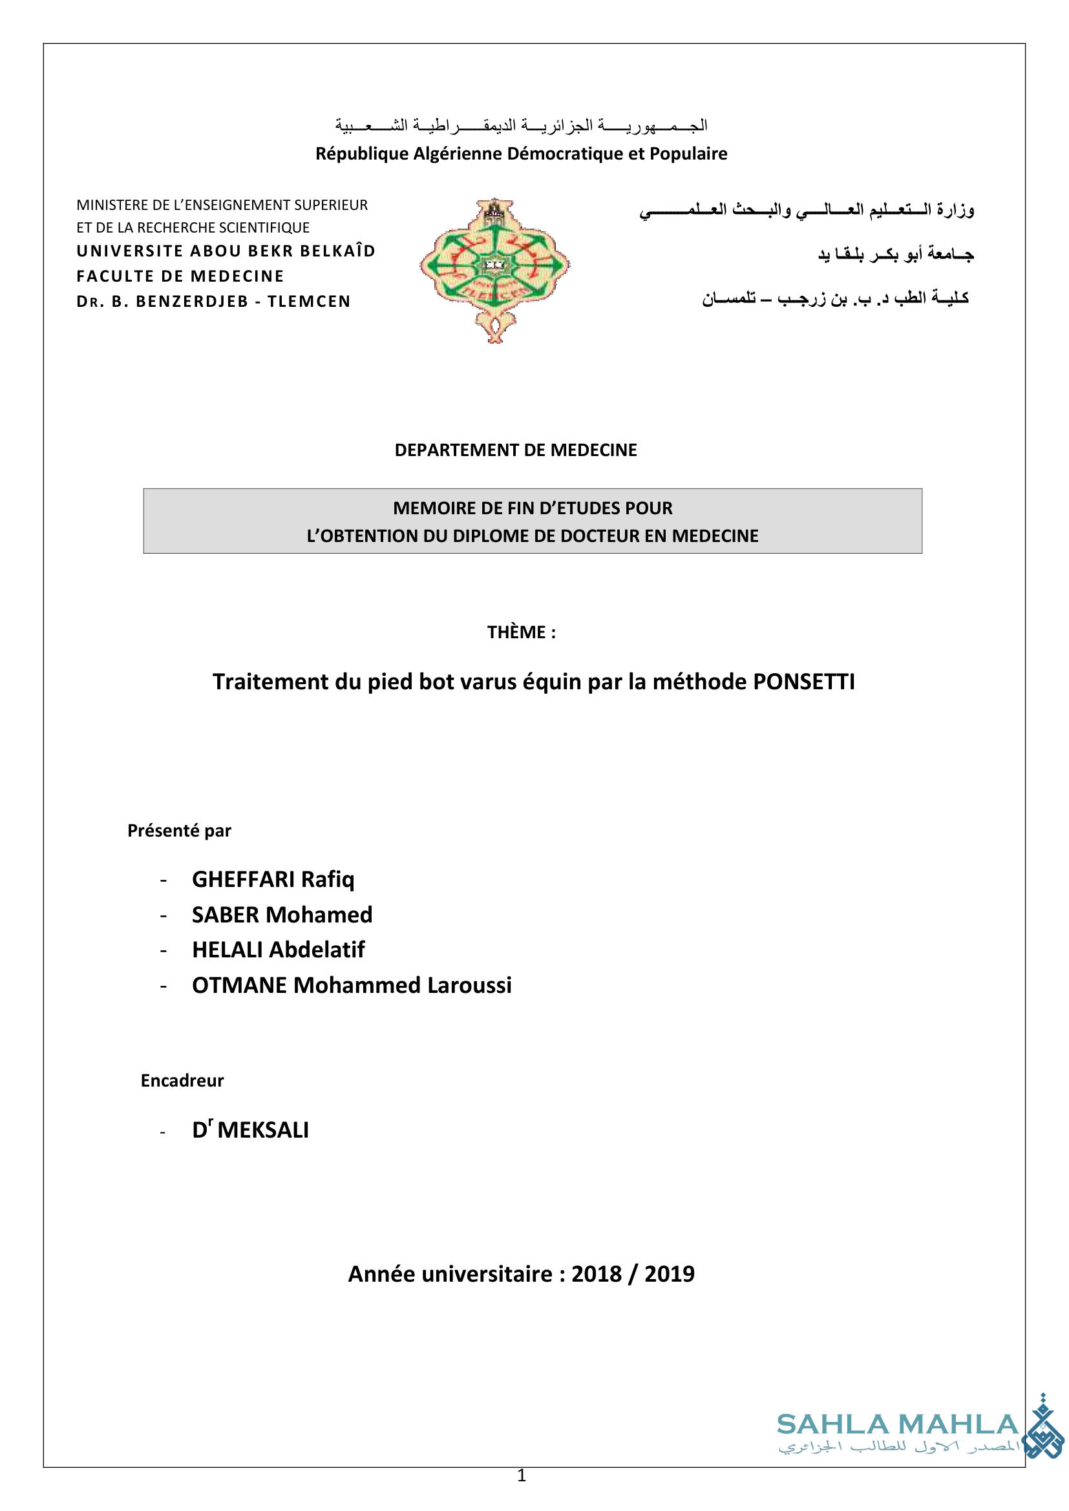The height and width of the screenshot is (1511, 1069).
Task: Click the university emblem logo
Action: pos(494,270)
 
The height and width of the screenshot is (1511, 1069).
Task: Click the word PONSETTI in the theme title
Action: pos(803,682)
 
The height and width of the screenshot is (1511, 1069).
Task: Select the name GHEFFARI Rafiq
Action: pos(273,879)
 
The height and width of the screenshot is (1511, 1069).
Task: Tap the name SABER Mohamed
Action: pos(282,915)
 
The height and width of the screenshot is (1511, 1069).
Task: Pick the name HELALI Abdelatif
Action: pos(278,950)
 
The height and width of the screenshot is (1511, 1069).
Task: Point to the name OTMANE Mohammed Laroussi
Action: pos(352,985)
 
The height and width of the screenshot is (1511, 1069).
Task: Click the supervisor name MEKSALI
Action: pos(262,1130)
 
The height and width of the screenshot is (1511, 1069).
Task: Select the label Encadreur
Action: pos(182,1081)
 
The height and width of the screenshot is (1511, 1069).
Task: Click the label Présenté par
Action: pos(179,831)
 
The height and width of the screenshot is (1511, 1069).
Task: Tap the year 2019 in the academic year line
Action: pos(670,1274)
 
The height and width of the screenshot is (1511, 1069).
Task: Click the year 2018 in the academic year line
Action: pos(597,1274)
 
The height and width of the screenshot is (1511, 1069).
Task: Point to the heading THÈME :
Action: pos(522,632)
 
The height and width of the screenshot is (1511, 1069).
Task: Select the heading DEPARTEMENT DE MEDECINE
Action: pos(515,450)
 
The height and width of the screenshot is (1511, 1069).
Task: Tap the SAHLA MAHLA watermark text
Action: pos(898,1425)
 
